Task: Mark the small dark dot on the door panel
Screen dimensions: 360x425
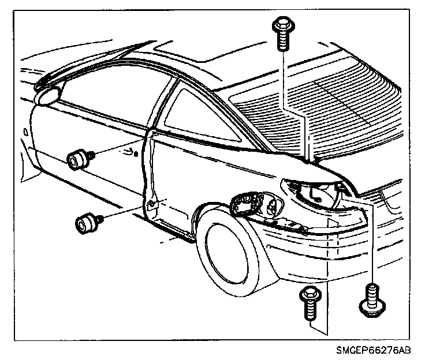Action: tap(135, 154)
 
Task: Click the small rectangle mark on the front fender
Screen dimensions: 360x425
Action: tap(26, 132)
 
